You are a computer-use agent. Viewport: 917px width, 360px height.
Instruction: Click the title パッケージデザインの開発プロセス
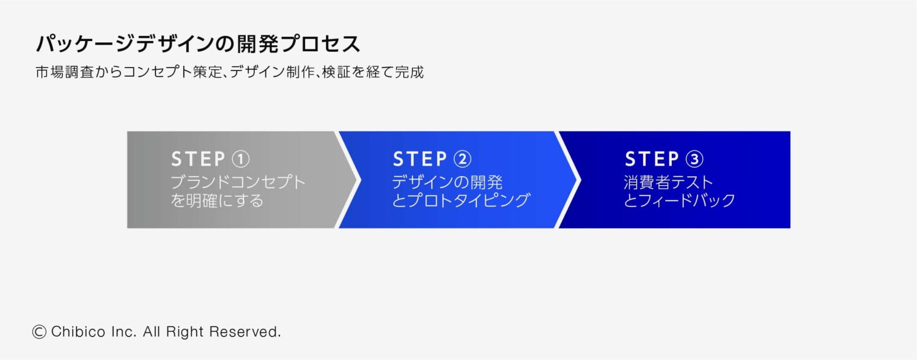point(198,45)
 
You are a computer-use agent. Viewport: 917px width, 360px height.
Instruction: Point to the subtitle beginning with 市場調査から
point(230,72)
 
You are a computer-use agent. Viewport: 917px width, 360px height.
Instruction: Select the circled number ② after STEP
point(463,160)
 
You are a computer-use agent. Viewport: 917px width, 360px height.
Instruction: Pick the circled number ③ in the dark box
point(694,160)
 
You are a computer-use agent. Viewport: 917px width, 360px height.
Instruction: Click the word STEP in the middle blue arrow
point(420,160)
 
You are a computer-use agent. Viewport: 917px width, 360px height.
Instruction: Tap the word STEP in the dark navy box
point(652,160)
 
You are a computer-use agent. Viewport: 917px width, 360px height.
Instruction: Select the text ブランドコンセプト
point(238,182)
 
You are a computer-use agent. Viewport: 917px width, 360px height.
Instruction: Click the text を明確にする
point(217,200)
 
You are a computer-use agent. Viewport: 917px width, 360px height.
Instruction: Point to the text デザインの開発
point(447,182)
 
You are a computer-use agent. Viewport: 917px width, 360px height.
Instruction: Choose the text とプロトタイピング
point(460,200)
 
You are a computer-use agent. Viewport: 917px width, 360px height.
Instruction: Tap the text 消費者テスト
point(669,182)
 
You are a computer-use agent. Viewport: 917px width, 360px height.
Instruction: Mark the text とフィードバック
point(680,200)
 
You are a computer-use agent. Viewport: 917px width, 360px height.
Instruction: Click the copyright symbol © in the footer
point(39,332)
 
